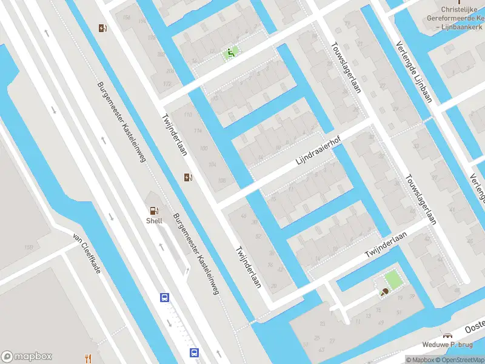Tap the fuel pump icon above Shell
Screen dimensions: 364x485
pyautogui.click(x=153, y=211)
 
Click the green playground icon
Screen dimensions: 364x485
pyautogui.click(x=230, y=53)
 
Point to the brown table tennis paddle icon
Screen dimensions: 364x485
pyautogui.click(x=384, y=292)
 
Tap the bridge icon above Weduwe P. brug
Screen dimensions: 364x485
pyautogui.click(x=447, y=335)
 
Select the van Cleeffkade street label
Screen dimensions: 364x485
pyautogui.click(x=85, y=254)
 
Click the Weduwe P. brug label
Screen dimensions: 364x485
pyautogui.click(x=448, y=344)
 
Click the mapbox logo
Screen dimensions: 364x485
pyautogui.click(x=27, y=357)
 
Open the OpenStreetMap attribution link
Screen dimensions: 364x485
pyautogui.click(x=460, y=360)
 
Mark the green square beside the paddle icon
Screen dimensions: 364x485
pyautogui.click(x=393, y=280)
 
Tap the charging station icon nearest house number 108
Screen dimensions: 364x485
pyautogui.click(x=189, y=177)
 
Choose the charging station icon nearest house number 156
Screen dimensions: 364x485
pyautogui.click(x=103, y=27)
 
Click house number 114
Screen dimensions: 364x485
pyautogui.click(x=196, y=131)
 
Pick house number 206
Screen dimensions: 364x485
pyautogui.click(x=161, y=55)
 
